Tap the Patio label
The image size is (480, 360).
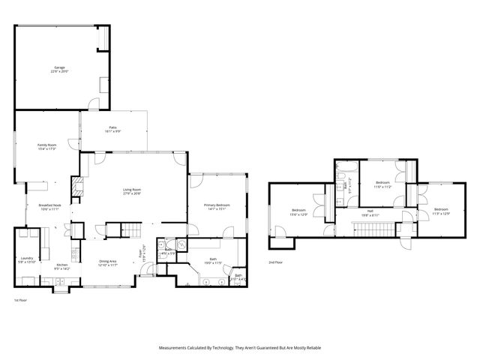pyautogui.click(x=113, y=128)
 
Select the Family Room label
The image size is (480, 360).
pyautogui.click(x=47, y=146)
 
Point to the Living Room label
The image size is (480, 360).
pyautogui.click(x=132, y=191)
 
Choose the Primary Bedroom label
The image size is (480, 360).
pyautogui.click(x=217, y=207)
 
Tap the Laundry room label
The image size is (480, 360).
pyautogui.click(x=28, y=259)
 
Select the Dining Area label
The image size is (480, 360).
pyautogui.click(x=108, y=262)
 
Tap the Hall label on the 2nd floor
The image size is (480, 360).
pyautogui.click(x=370, y=213)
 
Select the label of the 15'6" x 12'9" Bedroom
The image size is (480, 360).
pyautogui.click(x=298, y=212)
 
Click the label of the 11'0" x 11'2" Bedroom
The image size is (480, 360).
pyautogui.click(x=382, y=184)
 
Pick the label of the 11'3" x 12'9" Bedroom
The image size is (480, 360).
pyautogui.click(x=440, y=211)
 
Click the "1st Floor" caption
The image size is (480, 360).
pyautogui.click(x=20, y=300)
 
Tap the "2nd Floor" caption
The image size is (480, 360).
pyautogui.click(x=276, y=262)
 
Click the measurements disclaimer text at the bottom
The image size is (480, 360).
pyautogui.click(x=240, y=348)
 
